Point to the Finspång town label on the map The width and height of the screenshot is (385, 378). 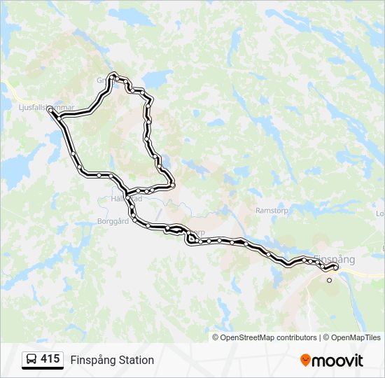[x=335, y=259]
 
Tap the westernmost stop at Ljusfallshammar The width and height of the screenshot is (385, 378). [x=50, y=110]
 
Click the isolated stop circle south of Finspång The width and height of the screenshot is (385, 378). [x=330, y=280]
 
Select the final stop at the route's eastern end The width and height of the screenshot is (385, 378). [x=336, y=267]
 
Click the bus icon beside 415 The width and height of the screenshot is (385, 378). [x=32, y=360]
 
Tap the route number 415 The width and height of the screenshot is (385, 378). [x=50, y=359]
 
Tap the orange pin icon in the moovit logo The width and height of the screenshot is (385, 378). [x=305, y=360]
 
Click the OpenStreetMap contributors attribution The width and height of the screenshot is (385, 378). [x=269, y=337]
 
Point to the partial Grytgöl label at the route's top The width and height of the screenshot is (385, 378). [x=103, y=80]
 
